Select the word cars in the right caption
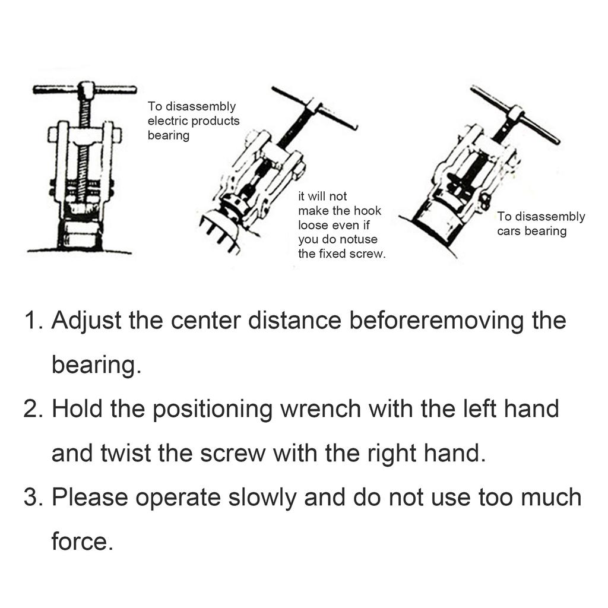(x=509, y=231)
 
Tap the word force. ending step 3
(x=82, y=541)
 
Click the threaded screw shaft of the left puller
(x=85, y=148)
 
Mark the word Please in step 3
(x=90, y=498)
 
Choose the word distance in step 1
(x=294, y=321)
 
